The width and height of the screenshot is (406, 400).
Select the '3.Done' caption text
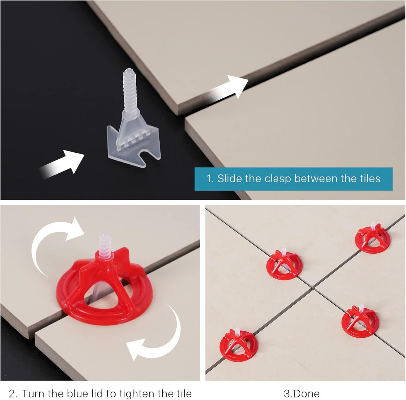tap(301, 394)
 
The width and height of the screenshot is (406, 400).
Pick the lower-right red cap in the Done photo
tap(360, 320)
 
